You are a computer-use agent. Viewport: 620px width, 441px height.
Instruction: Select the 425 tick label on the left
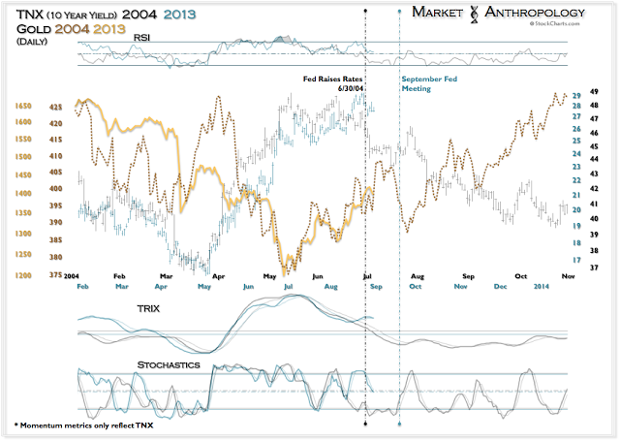[x=57, y=107]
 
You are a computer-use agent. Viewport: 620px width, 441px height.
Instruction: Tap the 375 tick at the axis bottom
[x=57, y=274]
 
